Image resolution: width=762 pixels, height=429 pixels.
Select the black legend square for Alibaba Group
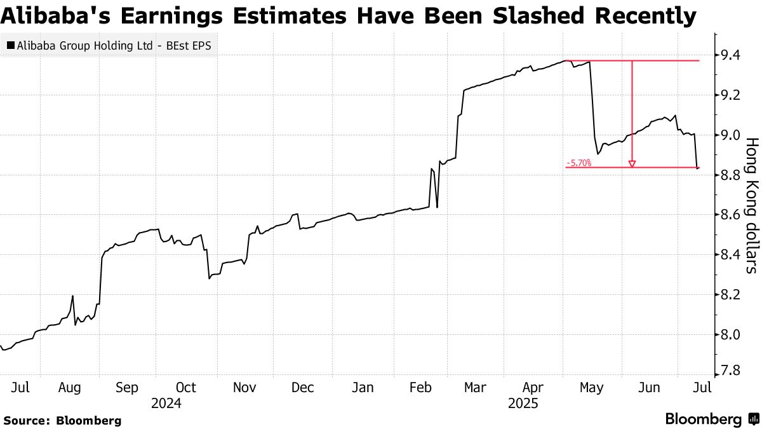[10, 45]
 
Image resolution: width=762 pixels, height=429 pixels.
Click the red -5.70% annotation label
[578, 163]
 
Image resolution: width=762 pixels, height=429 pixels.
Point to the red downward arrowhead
[632, 165]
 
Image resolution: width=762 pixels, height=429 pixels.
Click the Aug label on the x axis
[69, 387]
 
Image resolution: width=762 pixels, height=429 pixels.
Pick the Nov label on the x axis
[244, 387]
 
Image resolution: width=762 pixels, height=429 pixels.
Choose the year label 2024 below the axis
[166, 403]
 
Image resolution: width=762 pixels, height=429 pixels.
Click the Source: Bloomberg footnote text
[62, 420]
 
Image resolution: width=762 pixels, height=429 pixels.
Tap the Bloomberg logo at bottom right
[711, 419]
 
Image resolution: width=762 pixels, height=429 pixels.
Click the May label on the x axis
[592, 387]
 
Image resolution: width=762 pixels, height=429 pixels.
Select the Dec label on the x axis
[303, 387]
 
